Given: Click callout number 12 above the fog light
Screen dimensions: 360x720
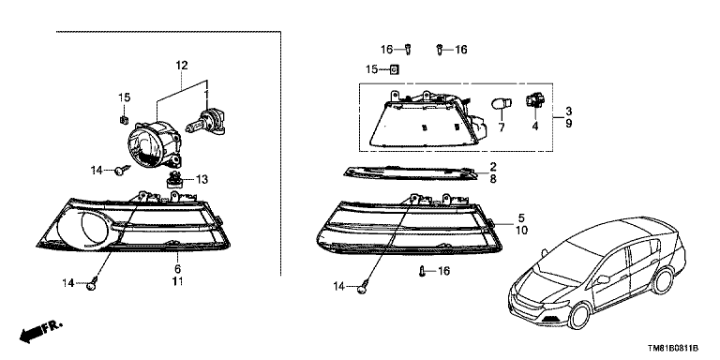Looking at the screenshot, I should pyautogui.click(x=181, y=66).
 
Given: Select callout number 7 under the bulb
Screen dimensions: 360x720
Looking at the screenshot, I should pyautogui.click(x=502, y=127).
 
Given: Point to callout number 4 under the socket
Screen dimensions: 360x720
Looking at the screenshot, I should pyautogui.click(x=537, y=127).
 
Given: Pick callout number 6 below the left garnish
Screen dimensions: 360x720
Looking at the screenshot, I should pyautogui.click(x=176, y=269).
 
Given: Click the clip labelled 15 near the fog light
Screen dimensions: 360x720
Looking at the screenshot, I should pyautogui.click(x=124, y=118).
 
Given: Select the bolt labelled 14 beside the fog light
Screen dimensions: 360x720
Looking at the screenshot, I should pyautogui.click(x=123, y=170).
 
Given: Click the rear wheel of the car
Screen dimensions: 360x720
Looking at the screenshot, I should pyautogui.click(x=667, y=284).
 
